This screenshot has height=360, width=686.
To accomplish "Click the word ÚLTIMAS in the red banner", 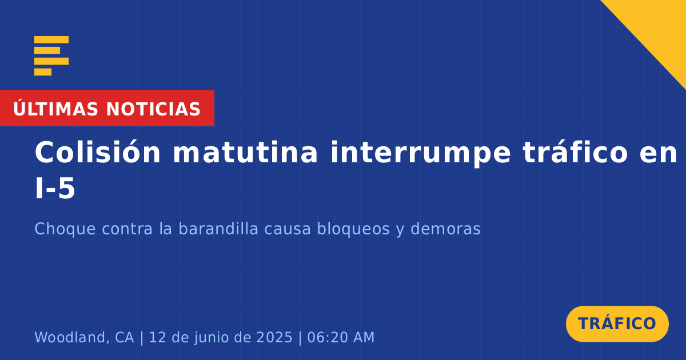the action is pos(55,108).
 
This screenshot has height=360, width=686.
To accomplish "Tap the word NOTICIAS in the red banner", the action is pos(153,109).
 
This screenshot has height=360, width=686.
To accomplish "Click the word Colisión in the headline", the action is pos(97,152).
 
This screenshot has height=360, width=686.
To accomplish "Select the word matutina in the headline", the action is pos(245,153).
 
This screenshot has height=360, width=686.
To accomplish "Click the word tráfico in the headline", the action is pos(576,152).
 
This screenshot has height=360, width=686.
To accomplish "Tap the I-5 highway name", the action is pos(55,188).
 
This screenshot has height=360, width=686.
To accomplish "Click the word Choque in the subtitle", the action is pos(65,229).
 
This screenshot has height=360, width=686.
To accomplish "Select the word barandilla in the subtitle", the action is pos(218,229).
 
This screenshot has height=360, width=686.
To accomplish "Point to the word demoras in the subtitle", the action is pos(445,229).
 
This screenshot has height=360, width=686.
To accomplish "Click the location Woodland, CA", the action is pos(84,337).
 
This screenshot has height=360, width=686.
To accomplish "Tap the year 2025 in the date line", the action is pos(274,337).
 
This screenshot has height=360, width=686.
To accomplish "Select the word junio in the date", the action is pos(212,338).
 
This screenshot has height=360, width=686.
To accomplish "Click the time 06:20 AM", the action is pos(341,337).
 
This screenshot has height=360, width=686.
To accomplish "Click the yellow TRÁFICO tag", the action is pos(617,324).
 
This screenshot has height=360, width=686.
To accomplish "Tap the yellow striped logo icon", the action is pos(51,56).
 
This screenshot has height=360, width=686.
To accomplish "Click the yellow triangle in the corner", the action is pos(659,27).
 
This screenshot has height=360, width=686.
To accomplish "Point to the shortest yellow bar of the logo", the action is pos(43,72).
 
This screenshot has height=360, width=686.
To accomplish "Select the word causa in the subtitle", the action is pos(288,229).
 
